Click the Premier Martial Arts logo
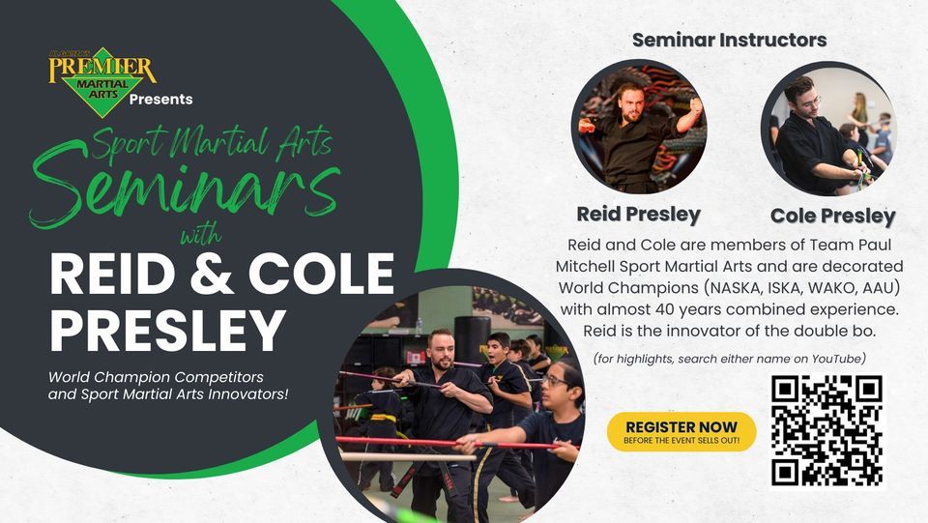pyautogui.click(x=101, y=77)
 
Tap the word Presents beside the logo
pyautogui.click(x=160, y=100)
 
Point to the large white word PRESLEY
pyautogui.click(x=167, y=330)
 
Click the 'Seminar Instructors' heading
pyautogui.click(x=729, y=41)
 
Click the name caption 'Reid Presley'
pyautogui.click(x=638, y=214)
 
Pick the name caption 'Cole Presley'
pyautogui.click(x=832, y=216)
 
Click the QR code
pyautogui.click(x=827, y=431)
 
